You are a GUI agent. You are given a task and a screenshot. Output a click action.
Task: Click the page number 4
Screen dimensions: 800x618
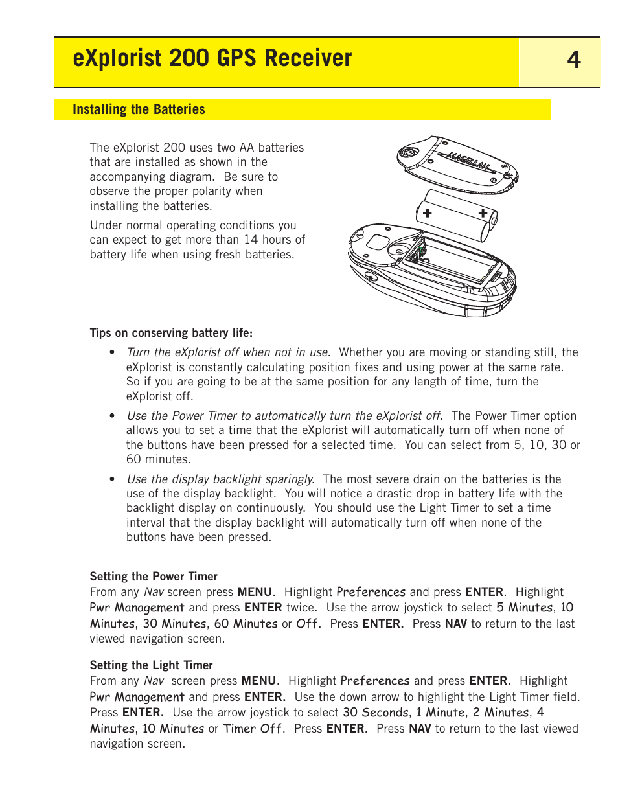coord(574,60)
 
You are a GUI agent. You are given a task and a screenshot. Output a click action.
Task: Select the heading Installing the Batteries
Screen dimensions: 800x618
coord(139,109)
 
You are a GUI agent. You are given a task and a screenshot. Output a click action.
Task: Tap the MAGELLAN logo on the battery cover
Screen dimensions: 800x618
coord(467,161)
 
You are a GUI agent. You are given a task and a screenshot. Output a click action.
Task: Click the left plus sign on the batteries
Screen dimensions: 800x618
coord(428,212)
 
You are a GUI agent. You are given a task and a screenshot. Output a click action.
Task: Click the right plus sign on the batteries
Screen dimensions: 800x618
coord(483,212)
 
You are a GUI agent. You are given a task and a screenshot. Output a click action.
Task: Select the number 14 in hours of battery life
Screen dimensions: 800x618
coord(251,240)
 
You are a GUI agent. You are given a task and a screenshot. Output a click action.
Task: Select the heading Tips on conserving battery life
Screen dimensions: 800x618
coord(171,333)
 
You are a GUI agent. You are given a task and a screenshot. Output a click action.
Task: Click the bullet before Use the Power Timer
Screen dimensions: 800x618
coord(112,417)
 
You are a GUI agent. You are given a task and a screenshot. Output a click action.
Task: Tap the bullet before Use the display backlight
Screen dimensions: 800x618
coord(112,479)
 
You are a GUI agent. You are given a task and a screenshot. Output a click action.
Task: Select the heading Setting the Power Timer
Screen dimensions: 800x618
coord(154,577)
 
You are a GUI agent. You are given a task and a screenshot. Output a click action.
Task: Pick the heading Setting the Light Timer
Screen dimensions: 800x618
coord(151,665)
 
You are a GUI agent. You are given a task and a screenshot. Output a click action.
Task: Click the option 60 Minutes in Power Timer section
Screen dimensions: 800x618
coord(246,624)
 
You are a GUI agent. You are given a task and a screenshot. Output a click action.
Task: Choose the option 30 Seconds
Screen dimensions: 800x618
coord(375,713)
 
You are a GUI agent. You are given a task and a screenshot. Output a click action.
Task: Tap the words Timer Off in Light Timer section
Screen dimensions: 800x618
coord(253,729)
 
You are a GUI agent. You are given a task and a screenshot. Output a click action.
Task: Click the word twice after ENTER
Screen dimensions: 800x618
coord(301,608)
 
